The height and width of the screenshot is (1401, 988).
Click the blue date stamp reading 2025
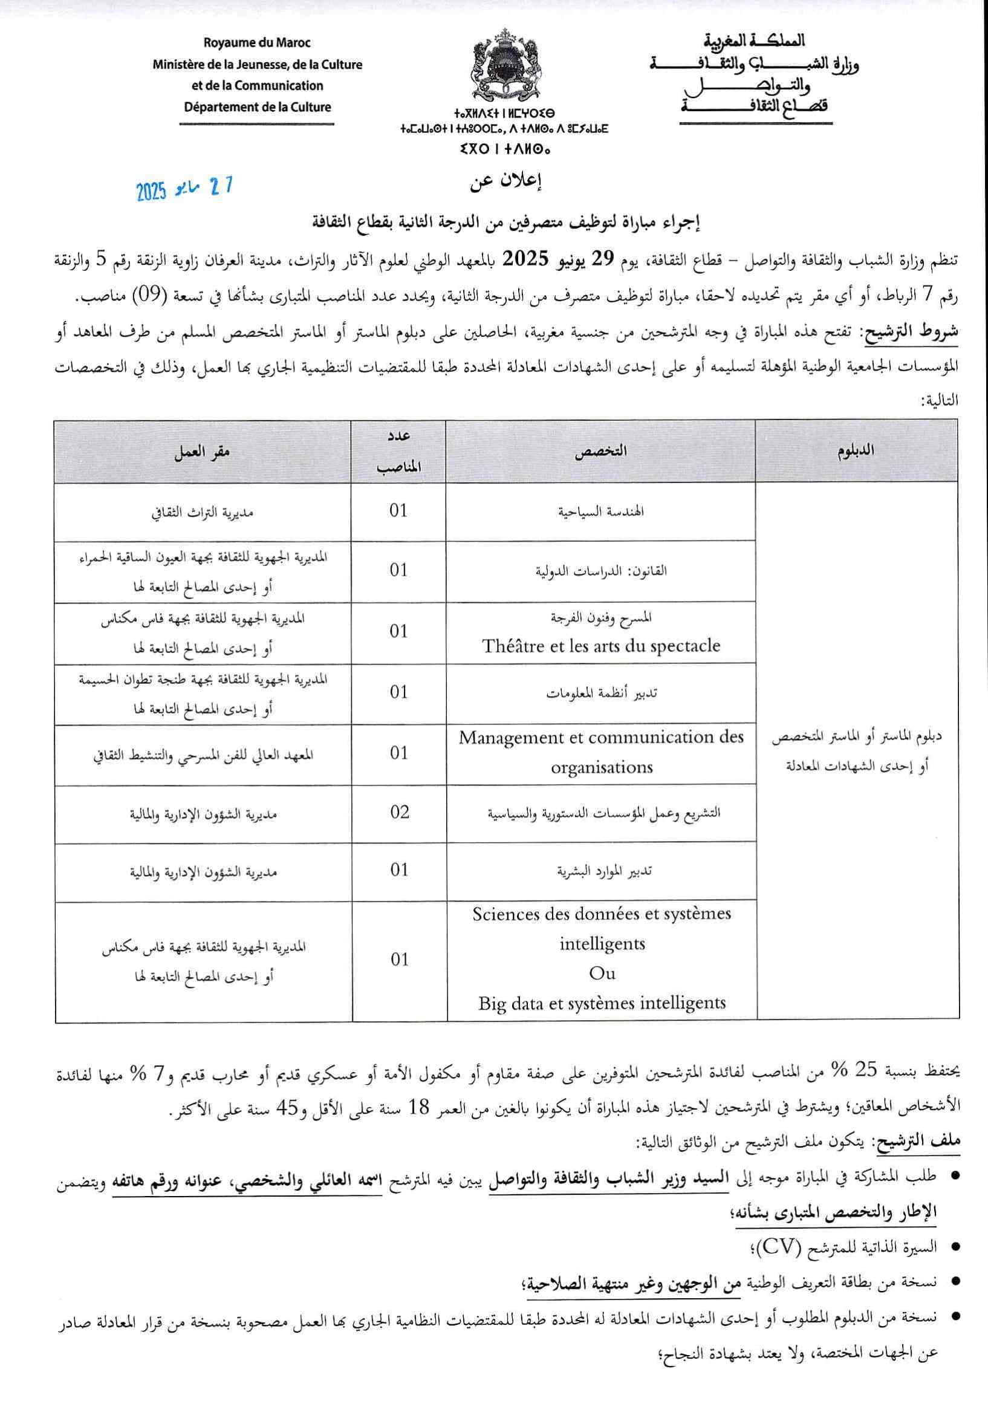184,189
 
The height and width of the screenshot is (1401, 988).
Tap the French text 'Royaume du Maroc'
257,44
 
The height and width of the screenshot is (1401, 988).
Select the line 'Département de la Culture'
257,108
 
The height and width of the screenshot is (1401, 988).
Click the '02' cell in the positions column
399,812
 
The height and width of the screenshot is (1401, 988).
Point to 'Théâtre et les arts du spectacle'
601,646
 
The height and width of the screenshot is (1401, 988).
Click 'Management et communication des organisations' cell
601,752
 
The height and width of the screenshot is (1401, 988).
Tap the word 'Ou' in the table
602,973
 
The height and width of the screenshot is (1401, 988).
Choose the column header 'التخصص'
601,452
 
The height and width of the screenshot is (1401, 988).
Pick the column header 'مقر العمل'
202,452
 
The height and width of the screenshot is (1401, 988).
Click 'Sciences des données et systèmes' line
601,914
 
